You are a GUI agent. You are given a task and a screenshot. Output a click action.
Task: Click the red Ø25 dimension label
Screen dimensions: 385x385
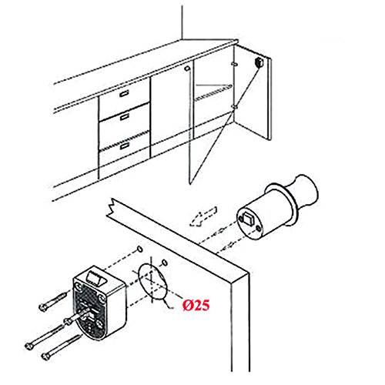click(x=196, y=305)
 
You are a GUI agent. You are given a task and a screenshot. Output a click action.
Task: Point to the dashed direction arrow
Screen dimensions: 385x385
click(x=203, y=217)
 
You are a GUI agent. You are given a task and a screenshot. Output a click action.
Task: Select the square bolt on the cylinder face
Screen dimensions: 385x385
click(x=248, y=219)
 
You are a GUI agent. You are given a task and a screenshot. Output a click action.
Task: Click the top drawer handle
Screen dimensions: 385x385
click(x=124, y=93)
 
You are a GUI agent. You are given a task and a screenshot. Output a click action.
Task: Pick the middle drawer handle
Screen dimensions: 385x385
click(x=125, y=117)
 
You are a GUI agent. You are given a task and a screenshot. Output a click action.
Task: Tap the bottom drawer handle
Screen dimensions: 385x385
click(x=125, y=146)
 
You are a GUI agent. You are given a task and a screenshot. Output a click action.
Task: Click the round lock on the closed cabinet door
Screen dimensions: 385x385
click(x=187, y=69)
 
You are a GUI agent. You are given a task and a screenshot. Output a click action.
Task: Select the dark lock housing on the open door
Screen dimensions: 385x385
click(x=258, y=62)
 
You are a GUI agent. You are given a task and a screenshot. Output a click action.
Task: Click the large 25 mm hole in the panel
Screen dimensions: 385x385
click(x=153, y=281)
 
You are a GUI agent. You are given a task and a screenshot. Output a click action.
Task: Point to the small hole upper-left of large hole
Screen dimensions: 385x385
click(x=140, y=249)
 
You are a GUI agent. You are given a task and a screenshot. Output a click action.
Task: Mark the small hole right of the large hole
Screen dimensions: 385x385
click(x=165, y=263)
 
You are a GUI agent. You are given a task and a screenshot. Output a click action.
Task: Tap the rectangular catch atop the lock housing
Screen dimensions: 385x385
click(x=97, y=278)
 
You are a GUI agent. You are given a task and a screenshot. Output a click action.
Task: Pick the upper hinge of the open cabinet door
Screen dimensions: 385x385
click(x=234, y=64)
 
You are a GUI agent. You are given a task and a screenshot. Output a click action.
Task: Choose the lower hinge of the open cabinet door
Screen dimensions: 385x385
click(x=234, y=106)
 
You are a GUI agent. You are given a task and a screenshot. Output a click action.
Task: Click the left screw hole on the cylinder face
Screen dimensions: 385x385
click(x=240, y=219)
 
